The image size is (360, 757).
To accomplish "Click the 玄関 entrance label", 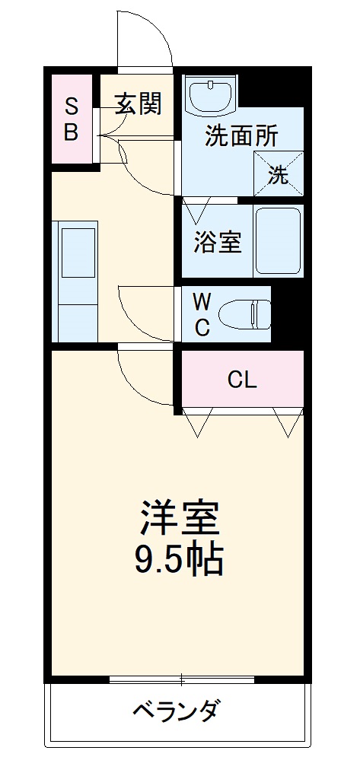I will pyautogui.click(x=138, y=103).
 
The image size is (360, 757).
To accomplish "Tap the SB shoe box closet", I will pyautogui.click(x=71, y=119).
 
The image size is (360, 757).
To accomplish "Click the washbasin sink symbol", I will pyautogui.click(x=211, y=95).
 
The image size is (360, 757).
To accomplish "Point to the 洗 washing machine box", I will pyautogui.click(x=279, y=175).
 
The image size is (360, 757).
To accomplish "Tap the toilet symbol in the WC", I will pyautogui.click(x=245, y=313).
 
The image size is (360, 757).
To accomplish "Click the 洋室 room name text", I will pyautogui.click(x=180, y=520).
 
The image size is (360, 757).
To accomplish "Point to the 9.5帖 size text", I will pyautogui.click(x=180, y=561).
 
